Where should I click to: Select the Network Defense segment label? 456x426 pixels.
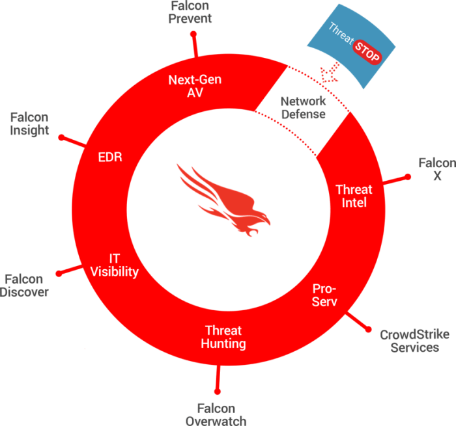(303, 108)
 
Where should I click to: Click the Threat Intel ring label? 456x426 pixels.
(354, 196)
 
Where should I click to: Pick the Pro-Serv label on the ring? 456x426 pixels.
(324, 295)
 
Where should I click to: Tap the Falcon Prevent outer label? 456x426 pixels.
(190, 12)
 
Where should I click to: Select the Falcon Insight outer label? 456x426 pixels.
(30, 124)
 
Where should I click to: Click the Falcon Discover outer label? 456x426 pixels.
(25, 286)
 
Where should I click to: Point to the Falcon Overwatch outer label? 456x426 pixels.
(216, 414)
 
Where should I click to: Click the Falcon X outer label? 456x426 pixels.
(436, 168)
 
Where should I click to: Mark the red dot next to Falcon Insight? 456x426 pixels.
(61, 137)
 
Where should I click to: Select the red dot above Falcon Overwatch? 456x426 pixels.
(218, 391)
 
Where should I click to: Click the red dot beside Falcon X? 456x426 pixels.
(408, 176)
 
